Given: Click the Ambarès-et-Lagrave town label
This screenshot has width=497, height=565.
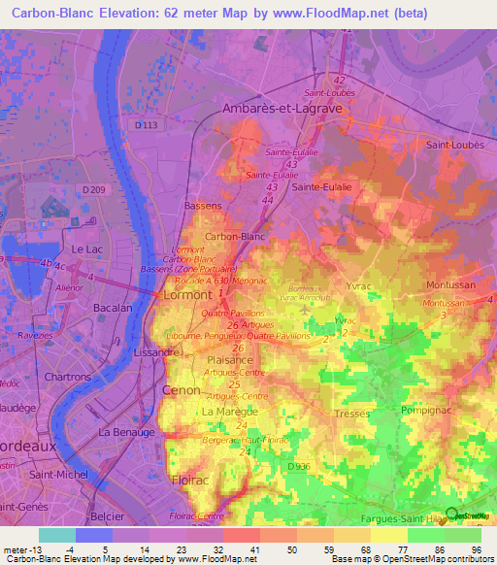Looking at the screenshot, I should click(277, 110).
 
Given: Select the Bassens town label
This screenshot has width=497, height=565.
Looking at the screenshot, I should click(203, 207).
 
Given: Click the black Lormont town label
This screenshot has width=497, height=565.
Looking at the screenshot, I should click(187, 293).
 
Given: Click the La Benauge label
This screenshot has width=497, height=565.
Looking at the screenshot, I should click(126, 430).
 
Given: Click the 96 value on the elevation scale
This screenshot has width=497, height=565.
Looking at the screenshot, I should click(475, 548).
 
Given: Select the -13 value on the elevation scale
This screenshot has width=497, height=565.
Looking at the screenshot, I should click(34, 548).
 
